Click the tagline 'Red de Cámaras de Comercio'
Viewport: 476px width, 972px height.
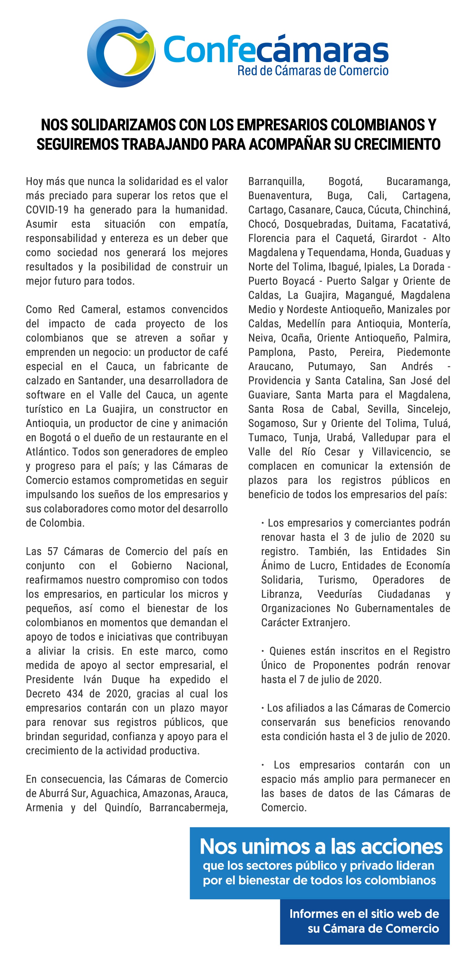click(x=313, y=70)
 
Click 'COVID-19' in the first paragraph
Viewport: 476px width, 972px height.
click(x=47, y=210)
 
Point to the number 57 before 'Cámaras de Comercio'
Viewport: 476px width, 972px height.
click(x=53, y=551)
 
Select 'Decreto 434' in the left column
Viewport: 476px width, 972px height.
click(x=53, y=693)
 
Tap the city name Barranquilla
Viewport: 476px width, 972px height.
click(x=276, y=181)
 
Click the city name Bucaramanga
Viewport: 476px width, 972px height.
click(x=418, y=181)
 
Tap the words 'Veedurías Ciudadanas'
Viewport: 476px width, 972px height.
click(x=373, y=594)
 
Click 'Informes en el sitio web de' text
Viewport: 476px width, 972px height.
click(x=364, y=914)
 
